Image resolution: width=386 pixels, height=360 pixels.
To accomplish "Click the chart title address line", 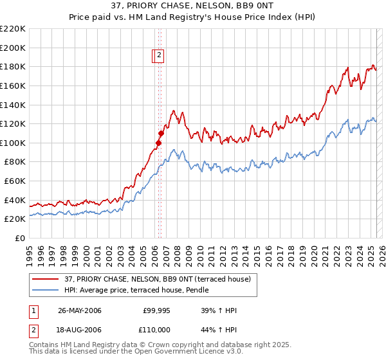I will [193, 7].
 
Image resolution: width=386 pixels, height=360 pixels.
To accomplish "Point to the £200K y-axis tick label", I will [13, 48].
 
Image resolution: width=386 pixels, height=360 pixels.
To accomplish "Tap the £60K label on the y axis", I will [15, 181].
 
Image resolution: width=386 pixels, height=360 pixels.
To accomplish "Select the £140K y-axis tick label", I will [13, 105].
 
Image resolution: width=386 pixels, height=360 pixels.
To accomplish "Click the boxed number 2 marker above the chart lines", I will [159, 56].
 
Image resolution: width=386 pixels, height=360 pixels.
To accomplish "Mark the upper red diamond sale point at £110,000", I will [160, 133].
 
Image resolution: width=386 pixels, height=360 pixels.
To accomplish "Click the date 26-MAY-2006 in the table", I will [79, 310].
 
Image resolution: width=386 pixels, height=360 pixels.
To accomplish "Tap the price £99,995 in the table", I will [156, 310].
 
